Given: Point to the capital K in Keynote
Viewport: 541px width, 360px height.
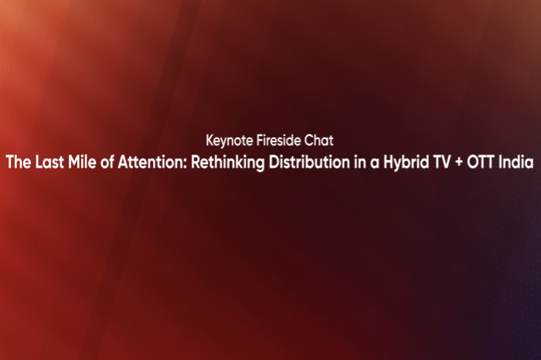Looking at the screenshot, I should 210,141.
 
